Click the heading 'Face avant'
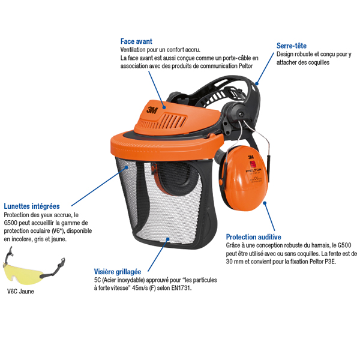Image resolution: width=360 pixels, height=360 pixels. (x=136, y=41)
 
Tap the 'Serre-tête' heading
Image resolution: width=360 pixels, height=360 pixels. (x=292, y=46)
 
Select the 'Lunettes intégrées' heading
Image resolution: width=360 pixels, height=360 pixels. (x=32, y=206)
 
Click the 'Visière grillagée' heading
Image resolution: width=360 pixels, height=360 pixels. (x=118, y=272)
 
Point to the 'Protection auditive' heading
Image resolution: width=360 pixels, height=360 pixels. (x=253, y=237)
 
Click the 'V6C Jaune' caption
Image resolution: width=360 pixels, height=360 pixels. (x=20, y=292)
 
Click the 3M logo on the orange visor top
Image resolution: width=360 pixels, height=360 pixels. (x=152, y=110)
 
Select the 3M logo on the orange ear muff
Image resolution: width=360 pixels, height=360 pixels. (x=251, y=157)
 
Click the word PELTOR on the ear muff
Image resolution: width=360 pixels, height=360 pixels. (x=253, y=170)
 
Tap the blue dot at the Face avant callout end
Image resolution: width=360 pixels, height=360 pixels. (x=164, y=107)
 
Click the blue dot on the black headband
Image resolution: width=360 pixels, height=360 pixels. (x=257, y=83)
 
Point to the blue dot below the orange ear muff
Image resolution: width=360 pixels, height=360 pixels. (x=265, y=203)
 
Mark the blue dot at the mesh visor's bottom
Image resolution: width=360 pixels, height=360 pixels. (x=168, y=239)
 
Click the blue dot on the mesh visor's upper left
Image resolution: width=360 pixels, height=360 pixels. (x=127, y=167)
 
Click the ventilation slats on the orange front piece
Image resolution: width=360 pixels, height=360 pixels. (x=163, y=122)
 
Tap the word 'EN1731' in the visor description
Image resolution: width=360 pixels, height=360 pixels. (x=181, y=288)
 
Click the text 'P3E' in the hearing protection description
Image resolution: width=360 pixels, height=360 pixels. (x=330, y=262)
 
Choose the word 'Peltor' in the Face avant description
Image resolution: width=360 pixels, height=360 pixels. (x=245, y=66)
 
